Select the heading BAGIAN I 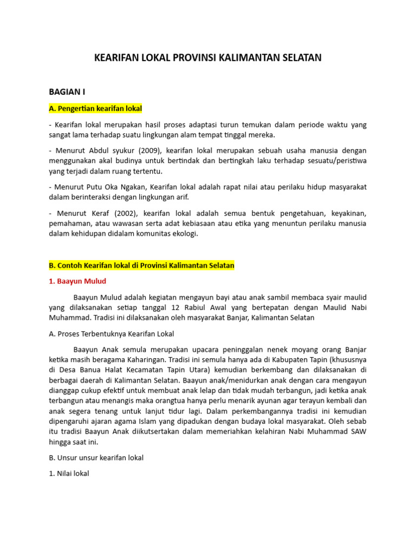tap(67, 92)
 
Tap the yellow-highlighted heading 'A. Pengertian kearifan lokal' tap(95, 108)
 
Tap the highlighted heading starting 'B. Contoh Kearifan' tap(141, 266)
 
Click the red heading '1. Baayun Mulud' tap(77, 281)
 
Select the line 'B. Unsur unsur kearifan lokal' tap(96, 458)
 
